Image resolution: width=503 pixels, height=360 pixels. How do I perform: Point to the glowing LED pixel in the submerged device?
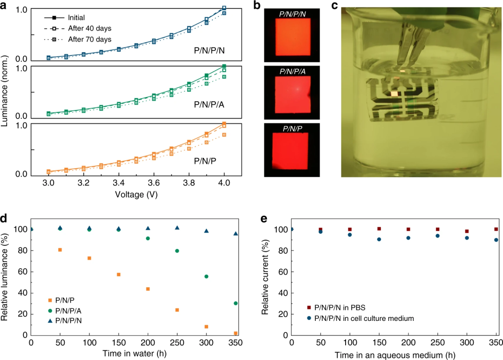coord(395,94)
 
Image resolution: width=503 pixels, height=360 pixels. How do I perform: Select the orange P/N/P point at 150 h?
coord(119,274)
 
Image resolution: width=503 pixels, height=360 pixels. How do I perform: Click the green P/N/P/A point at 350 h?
coord(236,303)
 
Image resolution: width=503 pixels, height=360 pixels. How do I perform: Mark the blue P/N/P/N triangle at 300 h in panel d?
coord(206,231)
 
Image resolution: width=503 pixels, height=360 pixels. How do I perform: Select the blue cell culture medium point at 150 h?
coord(379,239)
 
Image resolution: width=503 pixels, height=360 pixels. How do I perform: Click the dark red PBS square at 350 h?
coord(496,229)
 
